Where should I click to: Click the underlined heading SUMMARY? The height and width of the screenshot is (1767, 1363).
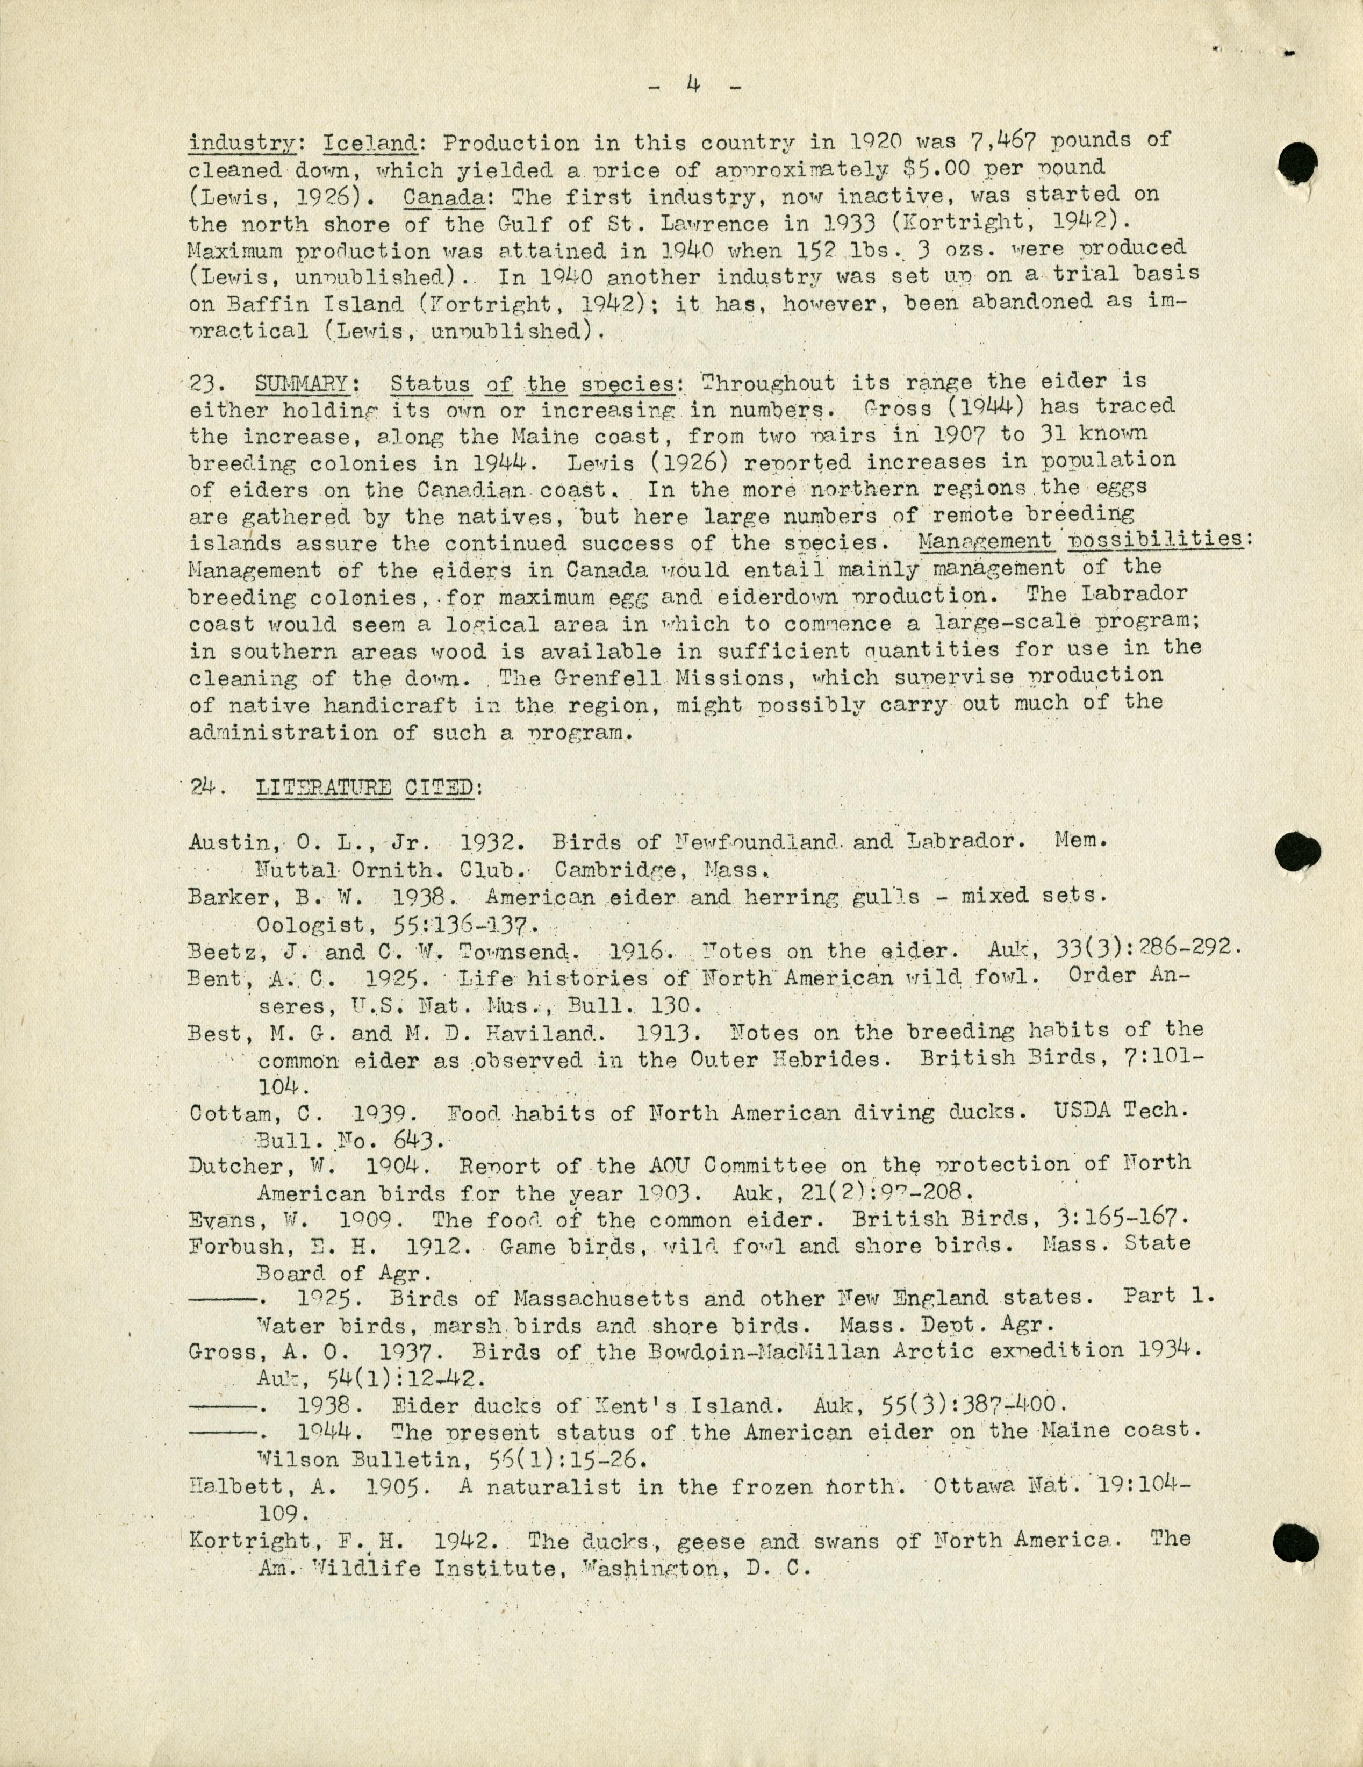tap(302, 383)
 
